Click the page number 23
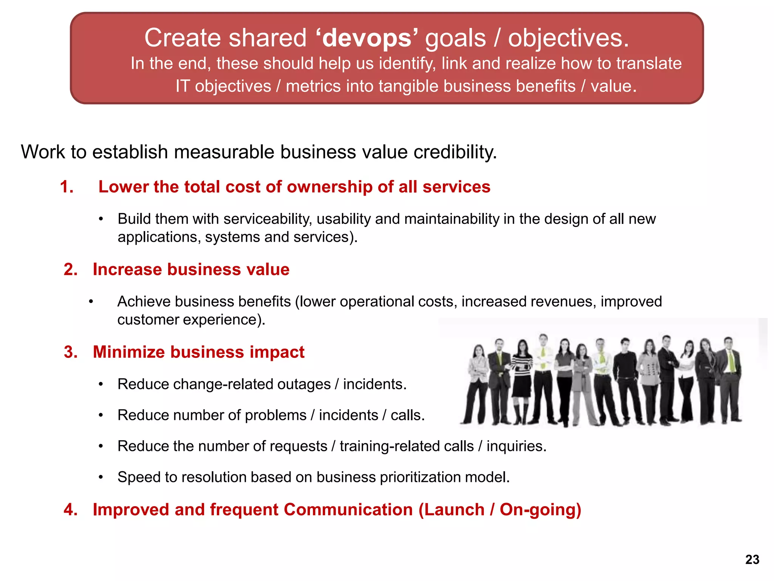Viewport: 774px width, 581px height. [752, 559]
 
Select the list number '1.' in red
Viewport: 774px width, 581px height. [67, 187]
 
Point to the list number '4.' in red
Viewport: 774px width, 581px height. [71, 510]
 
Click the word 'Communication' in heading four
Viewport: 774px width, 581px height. [348, 510]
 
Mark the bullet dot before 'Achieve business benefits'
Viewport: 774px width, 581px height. [91, 302]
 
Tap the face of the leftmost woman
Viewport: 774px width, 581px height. [479, 350]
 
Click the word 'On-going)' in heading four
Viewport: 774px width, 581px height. [540, 510]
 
